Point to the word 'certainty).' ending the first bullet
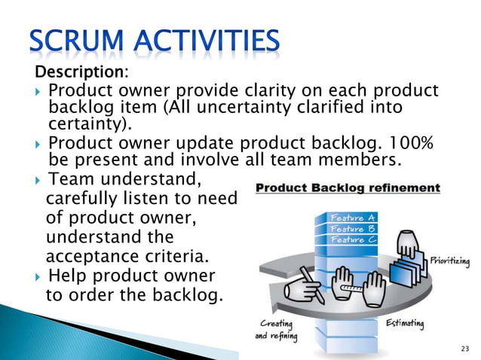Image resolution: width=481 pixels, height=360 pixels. coord(89,124)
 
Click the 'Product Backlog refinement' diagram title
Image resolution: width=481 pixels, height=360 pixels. coord(348,188)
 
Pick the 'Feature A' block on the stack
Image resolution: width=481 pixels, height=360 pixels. coord(352,217)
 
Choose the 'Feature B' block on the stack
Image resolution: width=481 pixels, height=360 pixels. coord(352,228)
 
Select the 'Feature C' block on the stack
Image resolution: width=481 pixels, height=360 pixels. coord(352,239)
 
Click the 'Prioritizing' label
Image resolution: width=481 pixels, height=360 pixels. coord(451,261)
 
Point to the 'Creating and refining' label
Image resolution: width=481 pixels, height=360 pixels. coord(274,330)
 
